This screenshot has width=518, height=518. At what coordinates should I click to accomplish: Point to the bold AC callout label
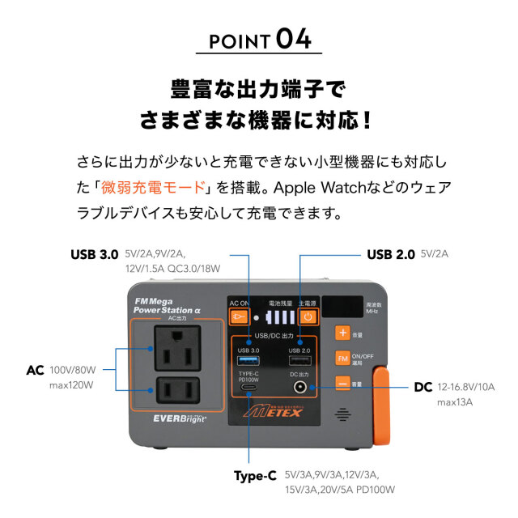click(34, 370)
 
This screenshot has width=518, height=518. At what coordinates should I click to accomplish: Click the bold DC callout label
click(423, 387)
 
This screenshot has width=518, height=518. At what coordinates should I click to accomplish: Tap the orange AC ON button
click(238, 316)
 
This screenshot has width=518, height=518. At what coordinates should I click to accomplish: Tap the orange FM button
click(343, 359)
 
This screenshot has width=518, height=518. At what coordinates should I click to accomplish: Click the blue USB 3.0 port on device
click(245, 361)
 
